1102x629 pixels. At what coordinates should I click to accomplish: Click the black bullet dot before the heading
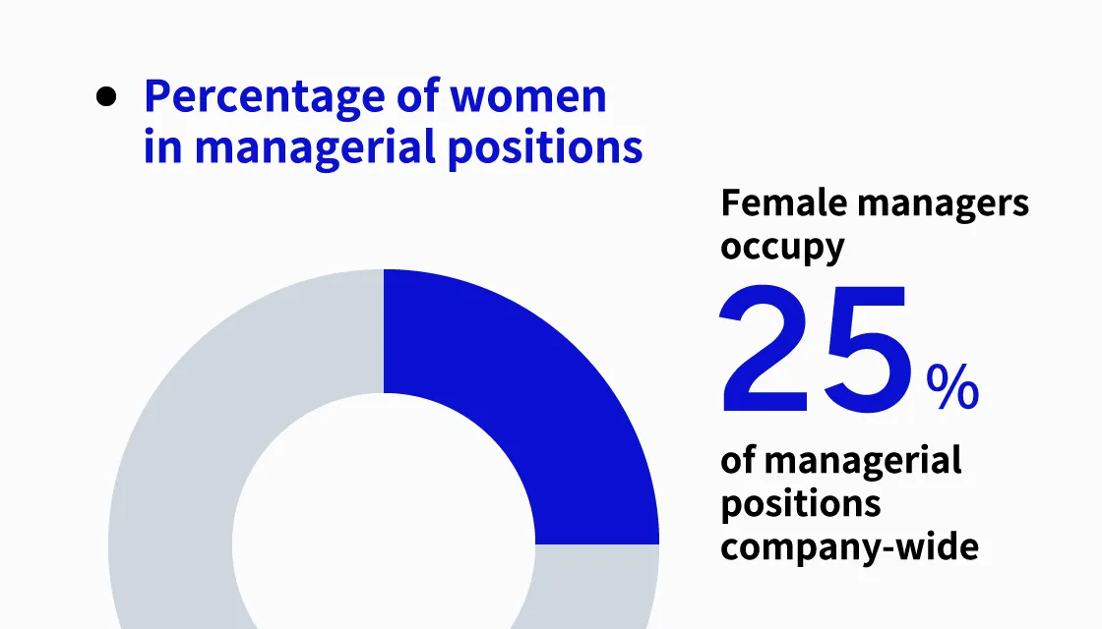click(107, 97)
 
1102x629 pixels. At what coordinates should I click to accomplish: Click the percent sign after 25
click(952, 388)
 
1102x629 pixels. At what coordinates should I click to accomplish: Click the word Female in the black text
click(783, 203)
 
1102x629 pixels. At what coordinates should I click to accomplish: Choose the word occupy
click(782, 246)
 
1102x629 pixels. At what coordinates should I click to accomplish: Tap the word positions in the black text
click(800, 504)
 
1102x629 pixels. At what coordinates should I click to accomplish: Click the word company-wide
click(849, 546)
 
